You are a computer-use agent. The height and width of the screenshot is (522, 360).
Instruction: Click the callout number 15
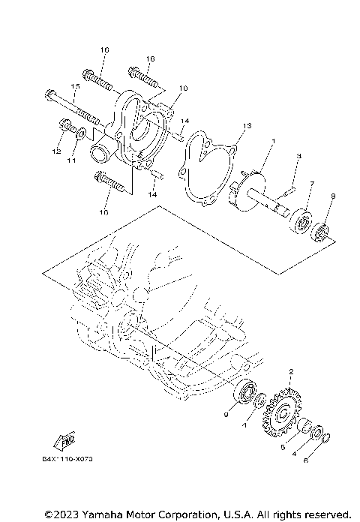point(75,87)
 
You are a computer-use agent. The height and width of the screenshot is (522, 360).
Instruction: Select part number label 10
point(182,88)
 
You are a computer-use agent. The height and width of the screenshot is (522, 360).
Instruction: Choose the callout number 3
point(298,155)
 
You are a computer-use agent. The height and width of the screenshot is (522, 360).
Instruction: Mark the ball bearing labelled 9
point(245,392)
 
